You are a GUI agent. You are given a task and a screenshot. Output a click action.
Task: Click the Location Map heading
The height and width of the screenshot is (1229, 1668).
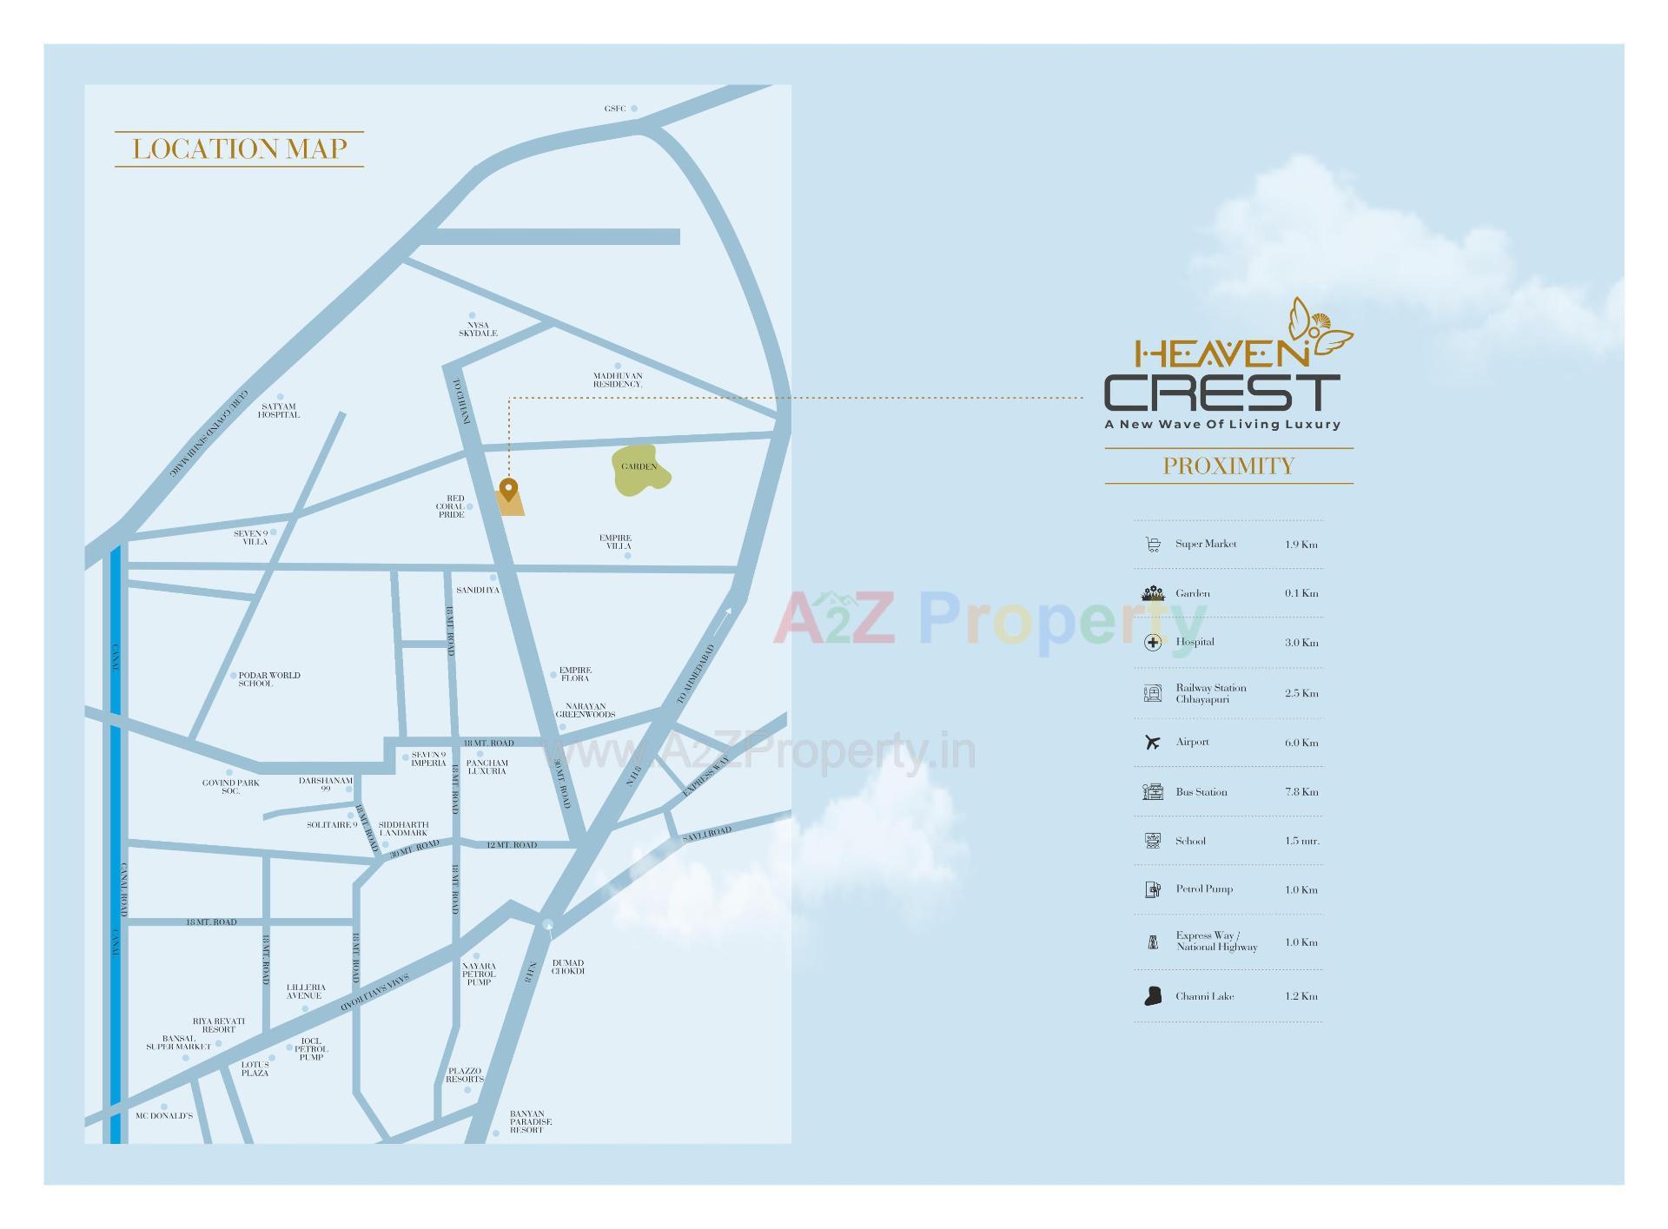[x=239, y=149]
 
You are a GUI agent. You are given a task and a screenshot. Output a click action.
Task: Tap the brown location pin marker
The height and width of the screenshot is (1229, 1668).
[x=508, y=490]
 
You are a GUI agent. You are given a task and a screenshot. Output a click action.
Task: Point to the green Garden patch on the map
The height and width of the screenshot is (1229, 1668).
[x=640, y=470]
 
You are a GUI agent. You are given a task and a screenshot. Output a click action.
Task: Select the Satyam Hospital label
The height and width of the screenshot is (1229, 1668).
[x=279, y=411]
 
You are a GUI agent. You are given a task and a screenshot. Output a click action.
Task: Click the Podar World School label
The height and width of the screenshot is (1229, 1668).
[x=268, y=679]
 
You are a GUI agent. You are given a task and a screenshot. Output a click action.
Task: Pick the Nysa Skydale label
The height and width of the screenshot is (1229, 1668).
[x=478, y=329]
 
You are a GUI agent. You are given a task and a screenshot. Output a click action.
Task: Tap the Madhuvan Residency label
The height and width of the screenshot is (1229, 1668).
[x=618, y=380]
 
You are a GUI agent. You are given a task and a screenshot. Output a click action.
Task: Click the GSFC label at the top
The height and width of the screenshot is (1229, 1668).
[x=615, y=109]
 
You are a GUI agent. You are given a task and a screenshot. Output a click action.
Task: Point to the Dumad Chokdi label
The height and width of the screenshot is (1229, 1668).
[x=568, y=967]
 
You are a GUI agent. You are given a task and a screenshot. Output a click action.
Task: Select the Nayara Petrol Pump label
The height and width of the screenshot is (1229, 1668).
[x=479, y=974]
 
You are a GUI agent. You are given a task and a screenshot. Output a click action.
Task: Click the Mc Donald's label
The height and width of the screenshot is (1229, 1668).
[x=164, y=1115]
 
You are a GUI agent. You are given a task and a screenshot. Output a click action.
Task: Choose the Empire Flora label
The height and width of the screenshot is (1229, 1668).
[x=575, y=674]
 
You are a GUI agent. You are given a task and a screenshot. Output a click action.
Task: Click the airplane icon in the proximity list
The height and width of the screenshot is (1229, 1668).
[x=1153, y=743]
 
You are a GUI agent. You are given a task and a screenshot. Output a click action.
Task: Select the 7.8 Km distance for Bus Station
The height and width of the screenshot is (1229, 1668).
[x=1301, y=792]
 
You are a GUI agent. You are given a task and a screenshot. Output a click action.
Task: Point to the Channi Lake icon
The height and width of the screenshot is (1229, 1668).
[x=1153, y=996]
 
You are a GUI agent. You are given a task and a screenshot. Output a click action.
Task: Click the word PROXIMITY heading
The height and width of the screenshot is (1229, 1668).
[x=1228, y=466]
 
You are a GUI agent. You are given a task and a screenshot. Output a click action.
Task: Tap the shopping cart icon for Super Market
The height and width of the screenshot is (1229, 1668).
[x=1153, y=545]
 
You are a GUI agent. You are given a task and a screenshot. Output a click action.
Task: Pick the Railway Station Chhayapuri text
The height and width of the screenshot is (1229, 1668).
[x=1211, y=693]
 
